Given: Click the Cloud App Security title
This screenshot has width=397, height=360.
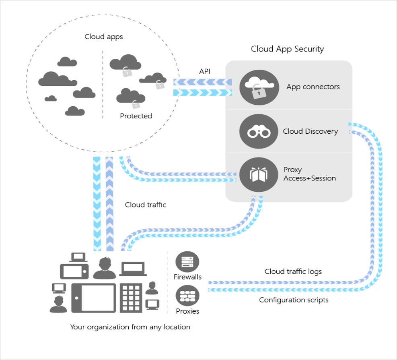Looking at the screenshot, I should [x=287, y=49].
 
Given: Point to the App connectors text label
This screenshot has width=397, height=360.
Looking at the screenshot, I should [x=313, y=87].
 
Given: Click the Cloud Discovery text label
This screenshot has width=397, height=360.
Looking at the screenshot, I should [x=310, y=131].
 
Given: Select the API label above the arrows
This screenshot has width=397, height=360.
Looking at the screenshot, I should [x=205, y=71].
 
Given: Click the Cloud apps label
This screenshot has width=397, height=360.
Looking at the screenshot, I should [x=103, y=37].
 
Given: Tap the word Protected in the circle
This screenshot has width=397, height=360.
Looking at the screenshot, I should [x=136, y=116].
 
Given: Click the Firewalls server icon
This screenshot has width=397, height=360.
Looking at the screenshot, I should [x=187, y=262].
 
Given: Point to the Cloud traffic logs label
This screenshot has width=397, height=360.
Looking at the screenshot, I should [x=293, y=271].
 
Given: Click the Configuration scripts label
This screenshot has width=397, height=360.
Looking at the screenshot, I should [x=294, y=300].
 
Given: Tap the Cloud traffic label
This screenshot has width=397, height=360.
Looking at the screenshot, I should [x=145, y=205].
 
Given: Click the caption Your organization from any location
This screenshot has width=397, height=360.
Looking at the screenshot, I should [x=130, y=327].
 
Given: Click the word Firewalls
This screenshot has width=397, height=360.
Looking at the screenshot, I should [x=187, y=277].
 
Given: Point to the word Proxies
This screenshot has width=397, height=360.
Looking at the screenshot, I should [x=187, y=311].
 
